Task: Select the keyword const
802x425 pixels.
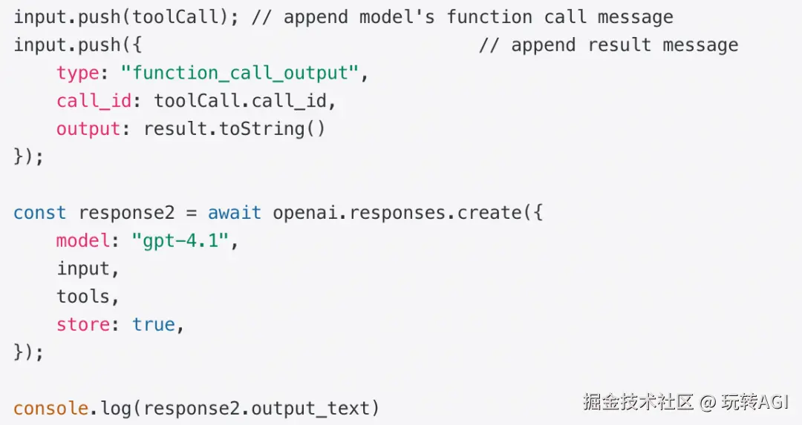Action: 39,213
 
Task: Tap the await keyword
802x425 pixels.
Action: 234,213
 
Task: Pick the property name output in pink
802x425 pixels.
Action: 88,129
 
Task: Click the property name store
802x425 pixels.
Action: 83,324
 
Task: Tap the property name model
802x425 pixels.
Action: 83,241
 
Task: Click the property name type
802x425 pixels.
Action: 78,73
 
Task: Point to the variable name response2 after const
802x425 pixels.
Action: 126,213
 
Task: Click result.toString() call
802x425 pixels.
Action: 234,129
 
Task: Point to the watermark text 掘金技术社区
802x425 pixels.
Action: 638,402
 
